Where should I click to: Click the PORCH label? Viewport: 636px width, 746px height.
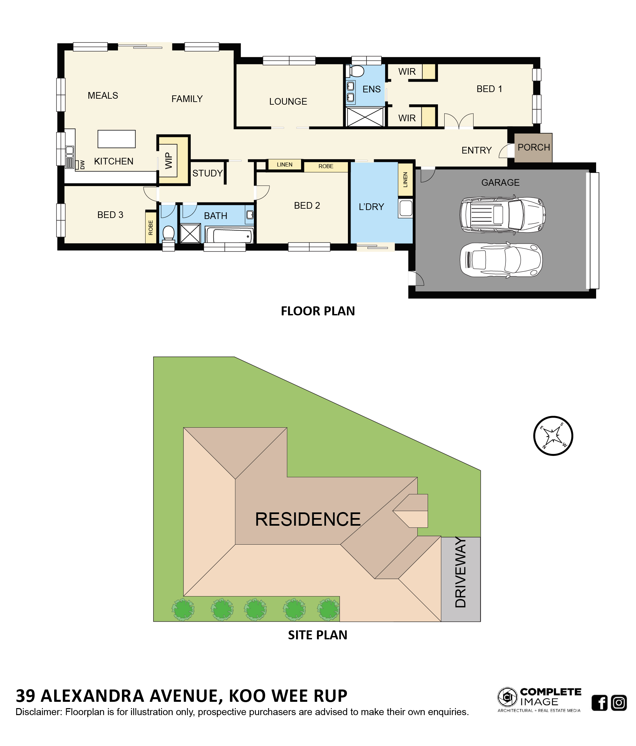(533, 147)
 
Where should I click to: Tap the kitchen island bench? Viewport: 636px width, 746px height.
(117, 139)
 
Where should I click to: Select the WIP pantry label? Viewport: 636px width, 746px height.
(168, 160)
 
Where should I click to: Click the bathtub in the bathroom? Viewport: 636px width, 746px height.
(230, 235)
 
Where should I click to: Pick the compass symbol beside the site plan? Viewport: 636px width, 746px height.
(553, 436)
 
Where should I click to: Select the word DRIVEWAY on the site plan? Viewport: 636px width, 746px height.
(460, 572)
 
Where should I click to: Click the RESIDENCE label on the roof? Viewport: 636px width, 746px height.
(308, 519)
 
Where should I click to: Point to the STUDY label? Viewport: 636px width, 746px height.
(207, 173)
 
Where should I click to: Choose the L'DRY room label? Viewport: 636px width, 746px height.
(371, 207)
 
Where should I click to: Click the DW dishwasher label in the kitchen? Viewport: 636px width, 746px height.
(82, 164)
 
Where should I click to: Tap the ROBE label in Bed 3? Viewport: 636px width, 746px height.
(151, 228)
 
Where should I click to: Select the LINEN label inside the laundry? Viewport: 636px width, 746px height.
(405, 180)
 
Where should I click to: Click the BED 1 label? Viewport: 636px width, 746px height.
(489, 89)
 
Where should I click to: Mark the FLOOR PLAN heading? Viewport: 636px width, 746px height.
(318, 311)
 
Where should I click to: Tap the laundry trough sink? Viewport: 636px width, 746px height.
(406, 208)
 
